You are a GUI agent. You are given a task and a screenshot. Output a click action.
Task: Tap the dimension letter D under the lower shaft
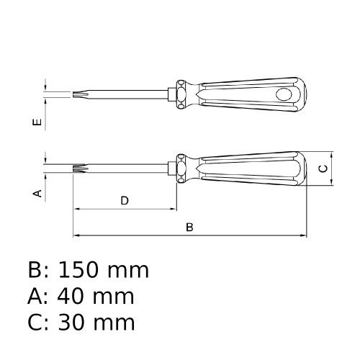pyautogui.click(x=124, y=201)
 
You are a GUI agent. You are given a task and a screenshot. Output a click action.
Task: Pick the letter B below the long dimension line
pyautogui.click(x=189, y=227)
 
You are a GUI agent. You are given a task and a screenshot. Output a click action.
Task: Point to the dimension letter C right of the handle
pyautogui.click(x=323, y=169)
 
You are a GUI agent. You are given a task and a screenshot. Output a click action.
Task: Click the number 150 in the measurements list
pyautogui.click(x=84, y=271)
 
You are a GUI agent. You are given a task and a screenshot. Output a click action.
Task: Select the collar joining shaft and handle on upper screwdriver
pyautogui.click(x=175, y=93)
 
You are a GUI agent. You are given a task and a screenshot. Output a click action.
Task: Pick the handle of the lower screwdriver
pyautogui.click(x=252, y=170)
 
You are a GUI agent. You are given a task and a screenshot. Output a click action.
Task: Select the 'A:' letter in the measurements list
pyautogui.click(x=39, y=296)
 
